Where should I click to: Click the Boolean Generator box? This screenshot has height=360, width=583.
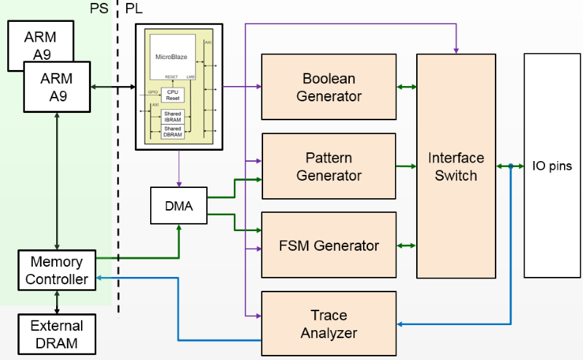tap(329, 87)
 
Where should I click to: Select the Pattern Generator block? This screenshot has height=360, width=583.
tap(329, 166)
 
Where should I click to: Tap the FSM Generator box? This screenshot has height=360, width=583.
tap(329, 245)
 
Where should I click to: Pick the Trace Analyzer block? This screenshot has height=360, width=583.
tap(329, 324)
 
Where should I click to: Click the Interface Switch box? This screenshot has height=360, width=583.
tap(452, 166)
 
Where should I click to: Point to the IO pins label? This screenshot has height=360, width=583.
tap(552, 166)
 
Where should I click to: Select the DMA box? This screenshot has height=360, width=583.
tap(179, 206)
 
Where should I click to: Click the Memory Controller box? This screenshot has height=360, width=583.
tap(57, 270)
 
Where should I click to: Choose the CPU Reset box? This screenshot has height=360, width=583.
tap(173, 95)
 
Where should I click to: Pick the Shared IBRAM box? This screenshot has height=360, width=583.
tap(173, 116)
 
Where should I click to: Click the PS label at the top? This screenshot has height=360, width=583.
tap(98, 8)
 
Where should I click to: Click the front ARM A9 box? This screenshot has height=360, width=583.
tap(57, 87)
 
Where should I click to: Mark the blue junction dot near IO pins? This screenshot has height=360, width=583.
tap(511, 166)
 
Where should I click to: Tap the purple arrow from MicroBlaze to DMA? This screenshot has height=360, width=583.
tap(179, 168)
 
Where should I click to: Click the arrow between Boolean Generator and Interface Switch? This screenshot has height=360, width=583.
tap(406, 87)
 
